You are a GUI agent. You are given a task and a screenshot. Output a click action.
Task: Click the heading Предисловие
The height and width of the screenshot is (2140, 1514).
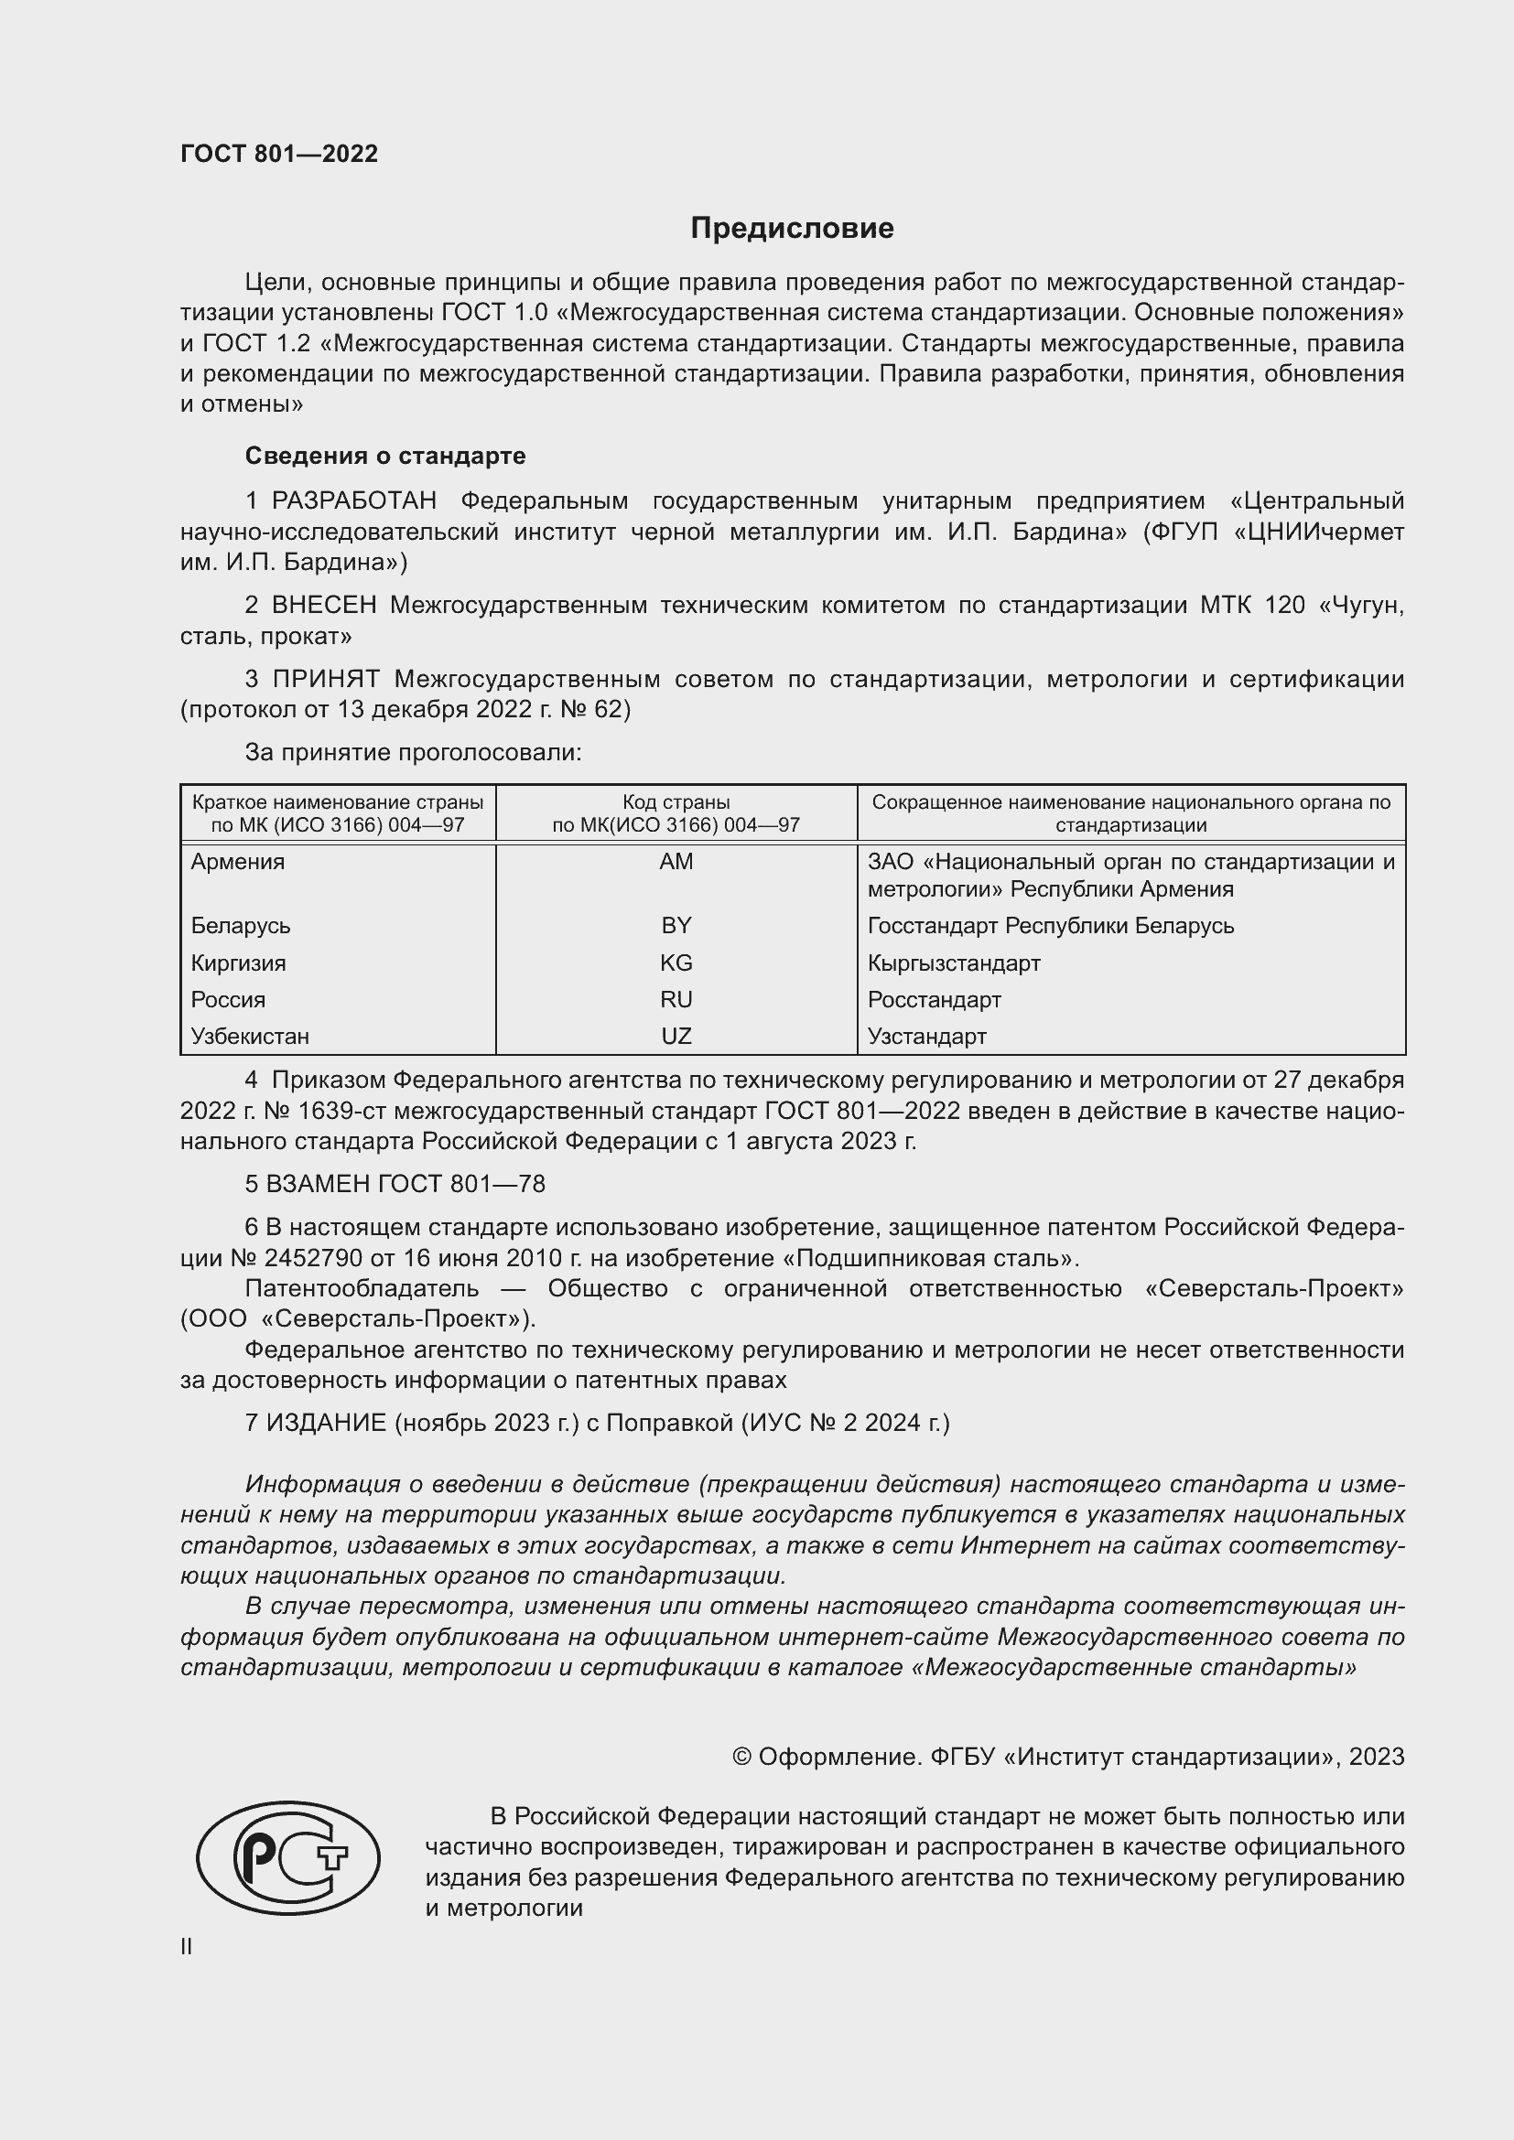pyautogui.click(x=792, y=229)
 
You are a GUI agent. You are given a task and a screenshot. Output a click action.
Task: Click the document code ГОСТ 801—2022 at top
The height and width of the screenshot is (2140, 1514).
pyautogui.click(x=280, y=154)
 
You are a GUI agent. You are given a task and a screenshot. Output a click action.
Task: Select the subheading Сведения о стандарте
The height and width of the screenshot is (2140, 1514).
pyautogui.click(x=385, y=456)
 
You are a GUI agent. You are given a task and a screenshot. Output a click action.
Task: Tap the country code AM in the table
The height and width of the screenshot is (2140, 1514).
pyautogui.click(x=676, y=861)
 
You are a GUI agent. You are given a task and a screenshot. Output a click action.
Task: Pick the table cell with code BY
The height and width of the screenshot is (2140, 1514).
pyautogui.click(x=676, y=926)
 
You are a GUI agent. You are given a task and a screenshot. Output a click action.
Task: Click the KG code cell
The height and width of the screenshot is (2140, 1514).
pyautogui.click(x=676, y=962)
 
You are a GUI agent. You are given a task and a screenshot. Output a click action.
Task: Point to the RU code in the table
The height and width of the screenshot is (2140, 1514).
pyautogui.click(x=676, y=999)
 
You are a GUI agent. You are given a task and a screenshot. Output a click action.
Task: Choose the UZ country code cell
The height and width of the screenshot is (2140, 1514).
pyautogui.click(x=676, y=1037)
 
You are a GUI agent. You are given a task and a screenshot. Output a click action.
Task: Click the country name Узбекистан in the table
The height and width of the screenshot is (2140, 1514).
pyautogui.click(x=250, y=1037)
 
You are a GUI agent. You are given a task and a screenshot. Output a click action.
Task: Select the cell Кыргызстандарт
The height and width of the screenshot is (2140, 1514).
pyautogui.click(x=954, y=962)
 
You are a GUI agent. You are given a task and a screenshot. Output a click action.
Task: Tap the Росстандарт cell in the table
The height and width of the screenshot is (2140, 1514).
pyautogui.click(x=935, y=999)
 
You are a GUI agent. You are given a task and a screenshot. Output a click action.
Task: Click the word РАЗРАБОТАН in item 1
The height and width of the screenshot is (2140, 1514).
pyautogui.click(x=354, y=501)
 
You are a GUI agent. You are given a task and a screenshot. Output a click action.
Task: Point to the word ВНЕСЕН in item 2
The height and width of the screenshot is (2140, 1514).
pyautogui.click(x=324, y=605)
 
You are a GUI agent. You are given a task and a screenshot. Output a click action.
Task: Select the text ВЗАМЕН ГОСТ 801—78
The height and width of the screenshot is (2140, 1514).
pyautogui.click(x=395, y=1184)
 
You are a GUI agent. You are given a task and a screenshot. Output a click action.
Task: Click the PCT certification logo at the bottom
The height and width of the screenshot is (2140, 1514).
pyautogui.click(x=288, y=1857)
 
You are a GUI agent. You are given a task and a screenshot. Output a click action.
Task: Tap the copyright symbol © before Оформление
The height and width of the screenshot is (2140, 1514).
pyautogui.click(x=742, y=1757)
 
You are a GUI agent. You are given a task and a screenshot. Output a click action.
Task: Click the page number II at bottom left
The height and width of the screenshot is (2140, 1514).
pyautogui.click(x=187, y=1946)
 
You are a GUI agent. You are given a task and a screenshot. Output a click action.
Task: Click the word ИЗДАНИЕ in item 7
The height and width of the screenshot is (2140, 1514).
pyautogui.click(x=326, y=1424)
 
